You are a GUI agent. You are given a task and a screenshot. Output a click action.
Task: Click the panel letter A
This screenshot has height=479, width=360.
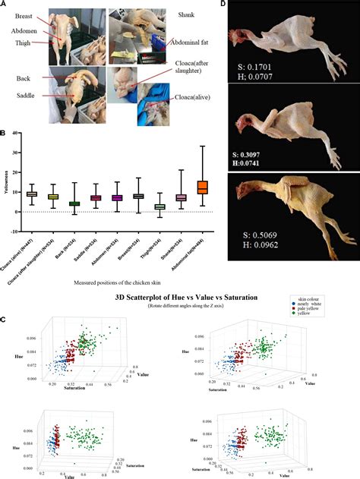[5, 5]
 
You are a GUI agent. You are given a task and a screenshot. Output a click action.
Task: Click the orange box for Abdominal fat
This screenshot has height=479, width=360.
[203, 187]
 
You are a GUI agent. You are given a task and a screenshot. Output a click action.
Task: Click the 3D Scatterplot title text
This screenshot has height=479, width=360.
[179, 297]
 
